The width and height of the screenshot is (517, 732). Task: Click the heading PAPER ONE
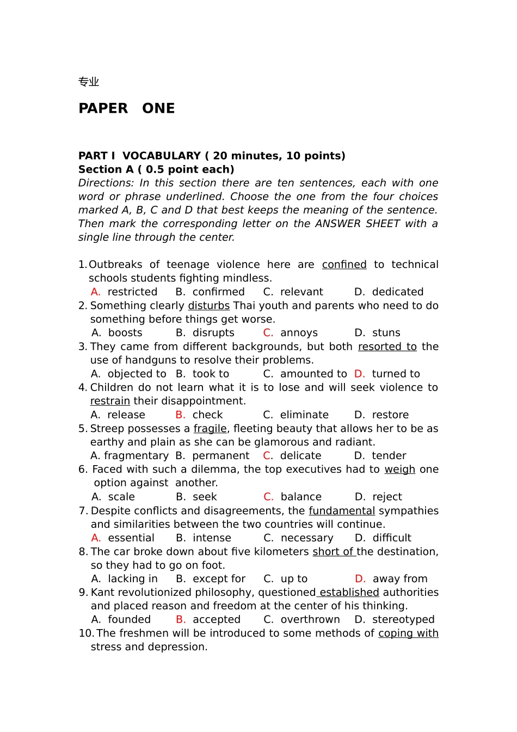pyautogui.click(x=126, y=108)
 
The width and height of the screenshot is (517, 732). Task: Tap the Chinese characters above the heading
pyautogui.click(x=89, y=82)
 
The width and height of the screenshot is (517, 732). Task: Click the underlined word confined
pyautogui.click(x=344, y=265)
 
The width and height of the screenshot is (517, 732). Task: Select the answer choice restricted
pyautogui.click(x=132, y=292)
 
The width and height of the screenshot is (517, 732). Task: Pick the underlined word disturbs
pyautogui.click(x=208, y=306)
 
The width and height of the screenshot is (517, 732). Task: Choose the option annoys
pyautogui.click(x=299, y=333)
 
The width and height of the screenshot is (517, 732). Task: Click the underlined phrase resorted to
pyautogui.click(x=387, y=346)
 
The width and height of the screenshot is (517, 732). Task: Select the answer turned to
pyautogui.click(x=396, y=374)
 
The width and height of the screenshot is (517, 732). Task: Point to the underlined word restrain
pyautogui.click(x=110, y=401)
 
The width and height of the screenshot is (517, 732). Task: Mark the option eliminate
pyautogui.click(x=304, y=414)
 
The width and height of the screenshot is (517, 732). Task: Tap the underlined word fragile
pyautogui.click(x=210, y=429)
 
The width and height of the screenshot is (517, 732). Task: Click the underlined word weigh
pyautogui.click(x=399, y=469)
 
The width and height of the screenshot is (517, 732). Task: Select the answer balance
pyautogui.click(x=301, y=497)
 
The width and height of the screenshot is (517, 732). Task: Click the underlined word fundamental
pyautogui.click(x=342, y=511)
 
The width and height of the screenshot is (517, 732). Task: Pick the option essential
pyautogui.click(x=131, y=538)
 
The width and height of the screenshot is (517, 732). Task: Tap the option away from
pyautogui.click(x=400, y=579)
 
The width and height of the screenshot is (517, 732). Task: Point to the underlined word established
pyautogui.click(x=349, y=593)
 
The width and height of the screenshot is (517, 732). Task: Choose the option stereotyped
pyautogui.click(x=403, y=620)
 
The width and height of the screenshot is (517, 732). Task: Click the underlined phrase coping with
pyautogui.click(x=408, y=633)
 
